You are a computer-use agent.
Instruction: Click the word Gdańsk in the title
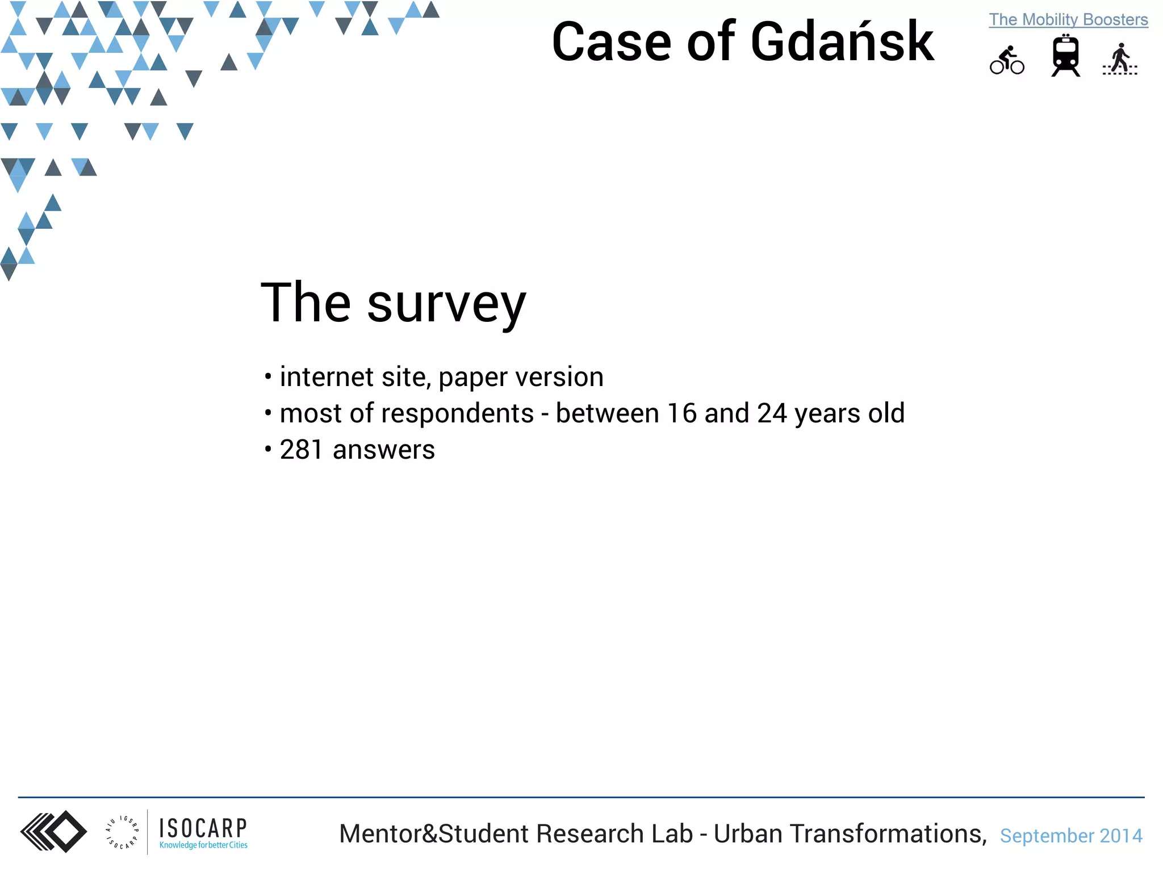(x=842, y=43)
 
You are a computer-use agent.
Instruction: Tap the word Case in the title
(x=612, y=43)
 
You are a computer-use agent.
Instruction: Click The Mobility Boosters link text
(x=1068, y=19)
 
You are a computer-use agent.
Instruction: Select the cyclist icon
(x=1007, y=60)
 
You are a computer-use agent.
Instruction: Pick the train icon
(x=1065, y=56)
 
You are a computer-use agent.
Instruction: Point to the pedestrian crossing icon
(x=1120, y=59)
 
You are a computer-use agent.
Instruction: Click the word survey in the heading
(x=446, y=304)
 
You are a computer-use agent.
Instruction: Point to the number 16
(x=681, y=413)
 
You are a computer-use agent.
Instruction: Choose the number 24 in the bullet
(x=772, y=413)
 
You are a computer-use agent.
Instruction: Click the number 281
(x=302, y=450)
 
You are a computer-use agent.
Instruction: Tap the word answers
(x=384, y=450)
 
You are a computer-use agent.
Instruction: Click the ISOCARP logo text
(x=203, y=829)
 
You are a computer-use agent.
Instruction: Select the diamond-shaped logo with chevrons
(x=54, y=832)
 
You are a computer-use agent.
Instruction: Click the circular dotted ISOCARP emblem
(x=122, y=832)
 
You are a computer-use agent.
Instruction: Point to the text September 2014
(x=1071, y=836)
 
